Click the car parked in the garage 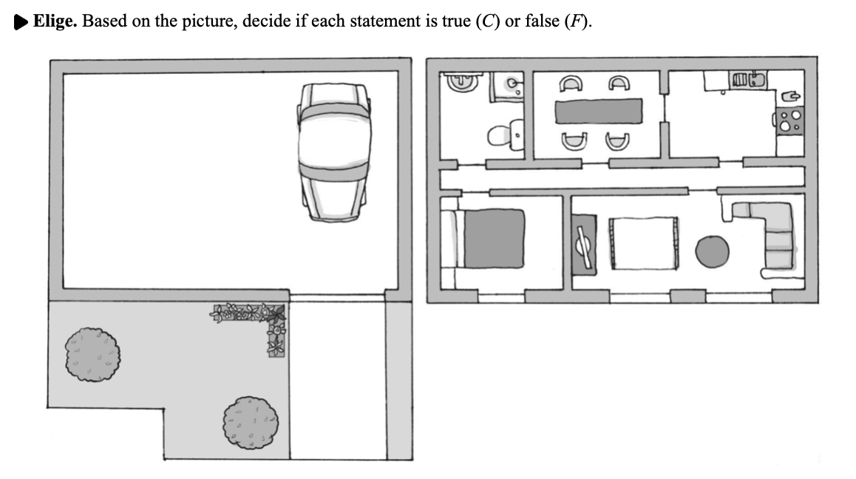tap(333, 152)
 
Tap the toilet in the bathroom tap(504, 135)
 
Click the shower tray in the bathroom tap(508, 86)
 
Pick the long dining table tap(599, 111)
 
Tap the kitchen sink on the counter tap(747, 78)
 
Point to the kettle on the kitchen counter tap(789, 96)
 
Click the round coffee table tap(713, 251)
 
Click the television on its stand tap(584, 245)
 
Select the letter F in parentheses tap(571, 21)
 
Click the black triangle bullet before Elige tap(22, 21)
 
